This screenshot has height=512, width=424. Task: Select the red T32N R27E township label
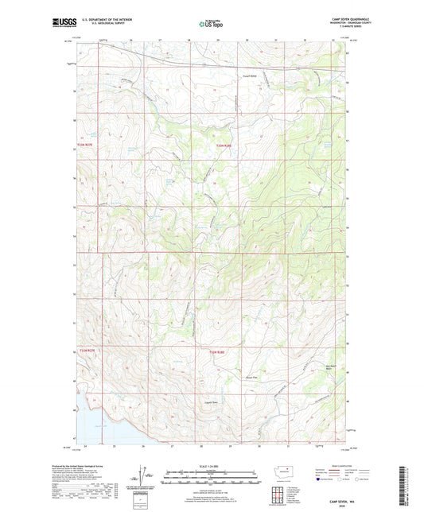[x=86, y=351]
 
